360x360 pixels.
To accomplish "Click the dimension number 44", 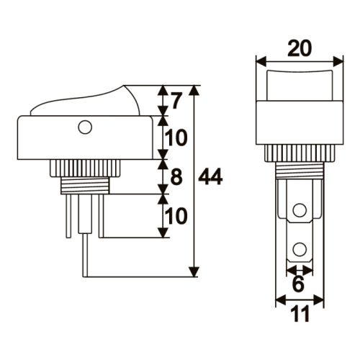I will click(210, 177).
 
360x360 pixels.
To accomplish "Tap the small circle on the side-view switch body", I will click(85, 129).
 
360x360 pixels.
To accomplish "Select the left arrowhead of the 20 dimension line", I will click(261, 61).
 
